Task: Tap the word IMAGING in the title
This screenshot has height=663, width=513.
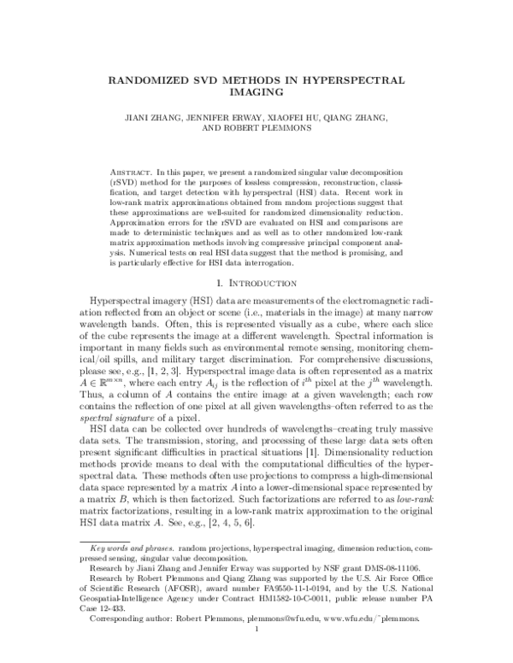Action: coord(256,92)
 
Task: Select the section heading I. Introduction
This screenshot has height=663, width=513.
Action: coord(256,285)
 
